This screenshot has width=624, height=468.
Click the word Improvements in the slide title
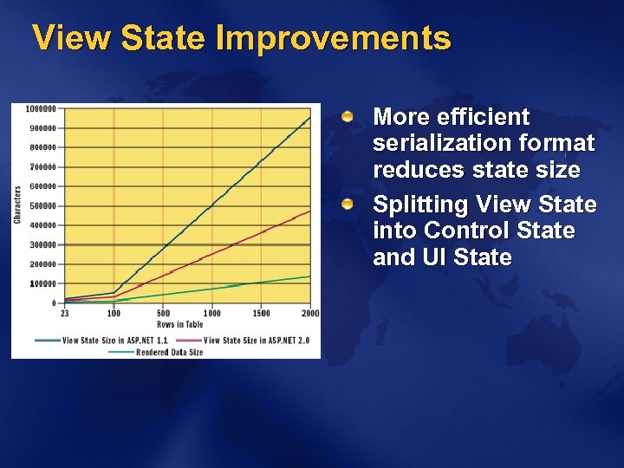coord(334,38)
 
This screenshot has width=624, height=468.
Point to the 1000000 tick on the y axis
coord(42,109)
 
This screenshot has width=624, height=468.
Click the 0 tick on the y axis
coord(54,303)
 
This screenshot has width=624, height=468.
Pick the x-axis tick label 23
coord(65,314)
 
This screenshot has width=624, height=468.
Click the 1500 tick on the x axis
coord(261,314)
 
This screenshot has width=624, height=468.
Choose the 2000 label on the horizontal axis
coord(310,314)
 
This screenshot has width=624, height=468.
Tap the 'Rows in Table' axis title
coord(180,324)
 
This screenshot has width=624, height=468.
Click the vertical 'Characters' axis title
coord(18,205)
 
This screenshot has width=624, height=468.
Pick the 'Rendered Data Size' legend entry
coord(169,352)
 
